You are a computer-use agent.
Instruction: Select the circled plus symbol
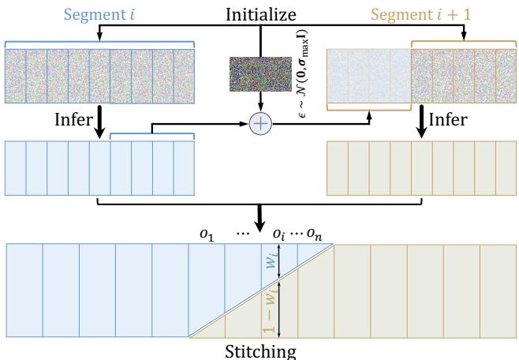tap(259, 125)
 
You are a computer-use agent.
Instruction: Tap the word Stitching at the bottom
tap(258, 349)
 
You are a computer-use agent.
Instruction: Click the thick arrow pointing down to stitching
tap(259, 221)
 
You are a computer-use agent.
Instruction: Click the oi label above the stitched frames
tap(280, 234)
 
